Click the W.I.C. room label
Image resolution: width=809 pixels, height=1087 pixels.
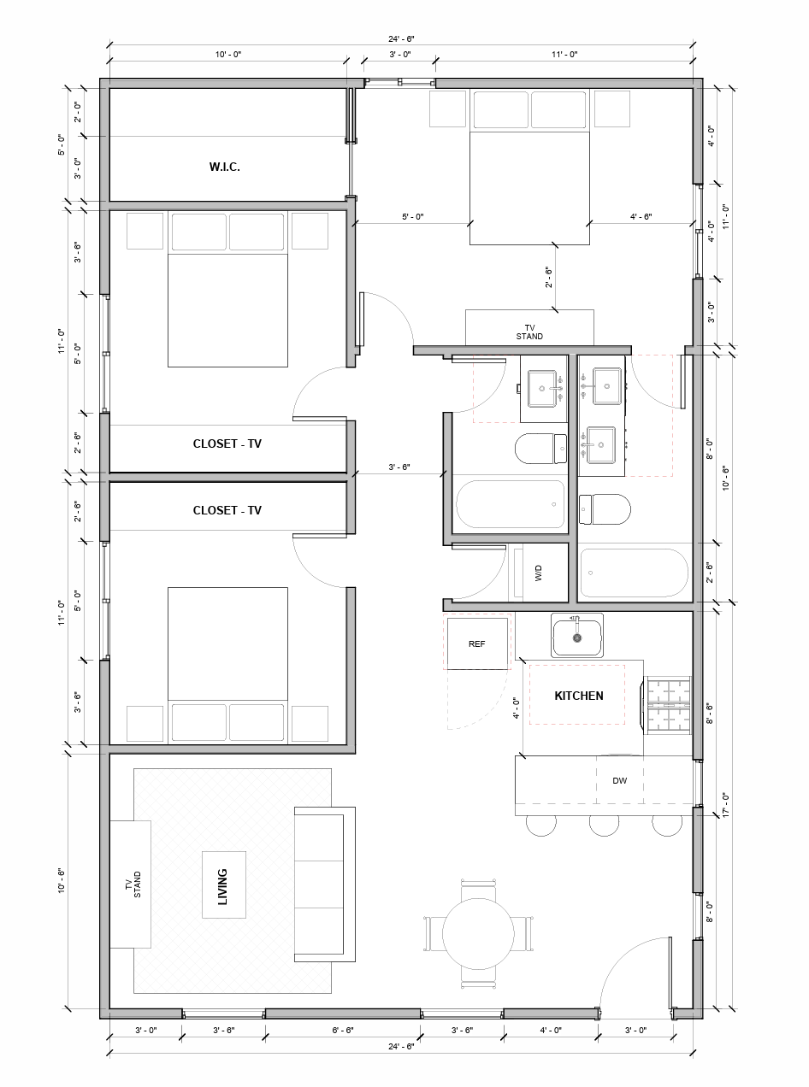(x=224, y=167)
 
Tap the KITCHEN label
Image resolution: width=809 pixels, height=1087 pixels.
(x=579, y=696)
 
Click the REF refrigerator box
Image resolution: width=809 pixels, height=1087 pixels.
(x=477, y=643)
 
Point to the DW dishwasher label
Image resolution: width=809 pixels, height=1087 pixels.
(x=620, y=780)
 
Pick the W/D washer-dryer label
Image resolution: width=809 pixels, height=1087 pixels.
(x=539, y=573)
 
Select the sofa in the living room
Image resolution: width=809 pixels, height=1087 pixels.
(x=324, y=884)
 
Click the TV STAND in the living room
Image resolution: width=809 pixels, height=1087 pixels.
(x=131, y=884)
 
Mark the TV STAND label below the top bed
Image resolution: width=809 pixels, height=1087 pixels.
(x=529, y=332)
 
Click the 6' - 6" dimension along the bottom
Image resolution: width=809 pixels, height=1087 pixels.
(x=342, y=1030)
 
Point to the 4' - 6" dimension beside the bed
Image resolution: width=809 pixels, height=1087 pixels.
(x=641, y=217)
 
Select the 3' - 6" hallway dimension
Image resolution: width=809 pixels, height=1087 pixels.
(x=399, y=467)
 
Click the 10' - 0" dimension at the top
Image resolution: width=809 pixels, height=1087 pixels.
(x=228, y=55)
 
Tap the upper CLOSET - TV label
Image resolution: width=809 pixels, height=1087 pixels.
(x=227, y=444)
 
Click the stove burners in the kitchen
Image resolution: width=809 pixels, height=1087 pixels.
(x=669, y=704)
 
